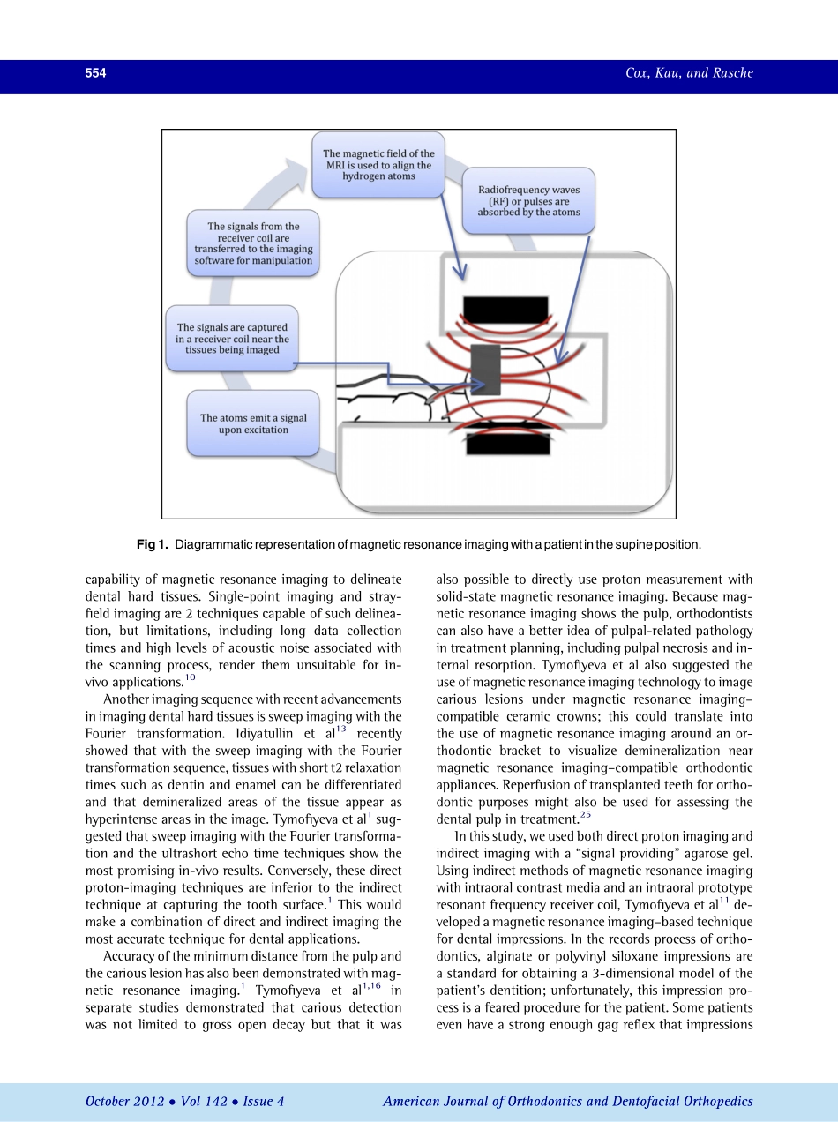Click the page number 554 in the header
tap(95, 74)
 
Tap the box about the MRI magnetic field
tap(378, 165)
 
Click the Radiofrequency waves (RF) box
tap(528, 201)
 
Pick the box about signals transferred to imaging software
tap(253, 243)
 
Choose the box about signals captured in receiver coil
tap(232, 339)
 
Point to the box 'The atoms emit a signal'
tap(253, 423)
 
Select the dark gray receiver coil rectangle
tap(486, 371)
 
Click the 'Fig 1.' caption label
tap(152, 545)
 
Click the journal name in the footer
tap(568, 1101)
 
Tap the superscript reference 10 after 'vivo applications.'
tap(190, 678)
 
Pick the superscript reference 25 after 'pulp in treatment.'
tap(586, 815)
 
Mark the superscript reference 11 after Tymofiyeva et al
tap(725, 901)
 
